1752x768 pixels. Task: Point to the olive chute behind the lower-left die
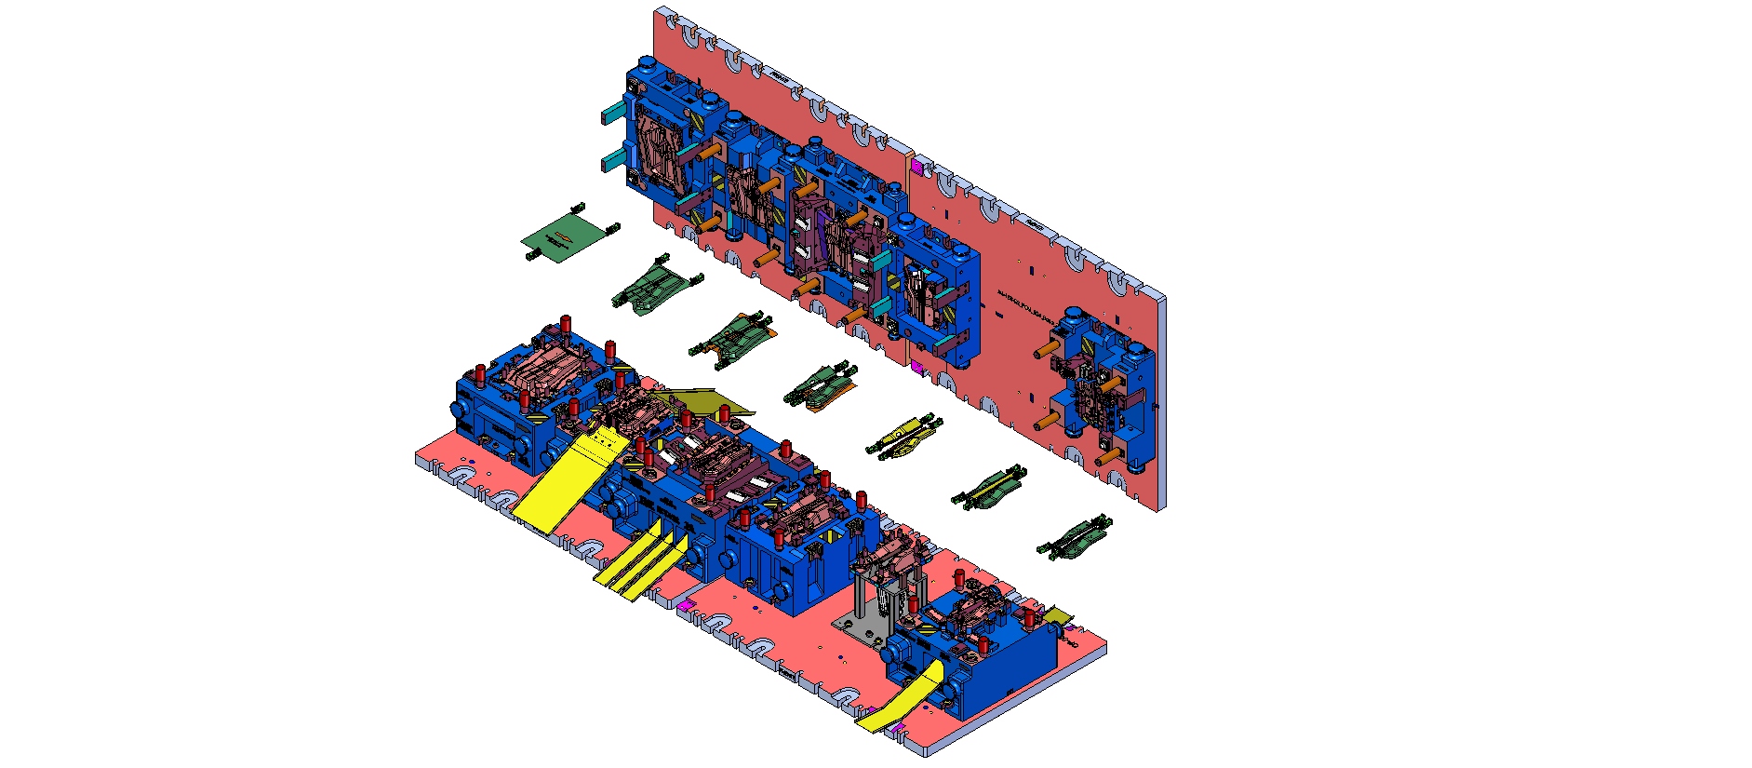click(x=707, y=398)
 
